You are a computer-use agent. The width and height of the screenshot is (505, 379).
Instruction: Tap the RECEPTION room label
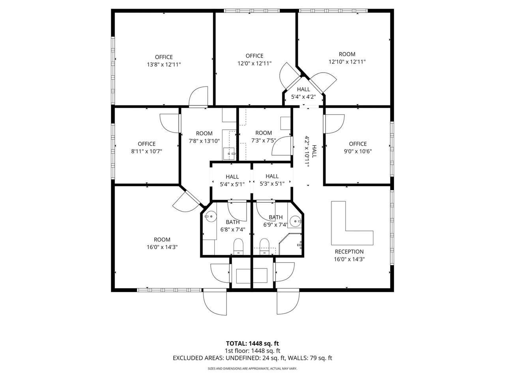click(349, 251)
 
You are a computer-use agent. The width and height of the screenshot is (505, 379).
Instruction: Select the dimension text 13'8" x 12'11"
click(164, 64)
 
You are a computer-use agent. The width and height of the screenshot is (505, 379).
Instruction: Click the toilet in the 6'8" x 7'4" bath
click(238, 246)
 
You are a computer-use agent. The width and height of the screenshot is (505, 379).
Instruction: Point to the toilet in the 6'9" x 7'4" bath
click(264, 246)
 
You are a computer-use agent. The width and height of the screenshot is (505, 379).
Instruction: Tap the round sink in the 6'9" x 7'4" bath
click(295, 221)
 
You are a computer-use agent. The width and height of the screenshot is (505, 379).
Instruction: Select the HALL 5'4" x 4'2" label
click(303, 93)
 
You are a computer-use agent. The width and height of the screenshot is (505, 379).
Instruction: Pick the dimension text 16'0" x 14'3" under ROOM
click(162, 247)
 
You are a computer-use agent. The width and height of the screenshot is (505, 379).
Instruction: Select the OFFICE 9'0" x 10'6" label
click(358, 148)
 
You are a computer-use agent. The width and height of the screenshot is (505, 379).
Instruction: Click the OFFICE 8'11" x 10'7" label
click(146, 148)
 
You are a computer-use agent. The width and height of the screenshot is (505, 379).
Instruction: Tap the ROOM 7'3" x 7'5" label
click(264, 137)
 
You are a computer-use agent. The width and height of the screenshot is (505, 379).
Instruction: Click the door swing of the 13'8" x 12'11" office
click(198, 96)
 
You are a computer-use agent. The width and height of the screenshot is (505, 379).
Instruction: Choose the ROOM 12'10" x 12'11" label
click(347, 58)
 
